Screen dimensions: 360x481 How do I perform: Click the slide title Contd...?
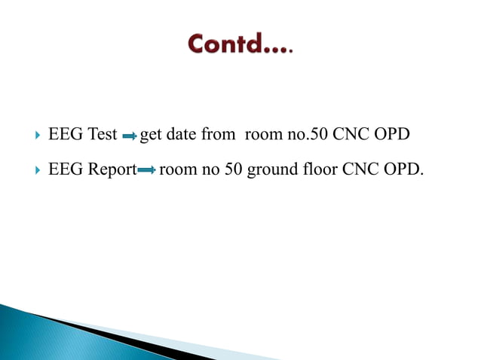(x=240, y=45)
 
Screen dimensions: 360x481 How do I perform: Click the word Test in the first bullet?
(x=103, y=136)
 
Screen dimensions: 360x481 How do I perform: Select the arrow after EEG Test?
(x=129, y=137)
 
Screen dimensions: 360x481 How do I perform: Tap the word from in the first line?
(x=218, y=136)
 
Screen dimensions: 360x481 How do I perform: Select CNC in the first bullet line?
(x=350, y=136)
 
